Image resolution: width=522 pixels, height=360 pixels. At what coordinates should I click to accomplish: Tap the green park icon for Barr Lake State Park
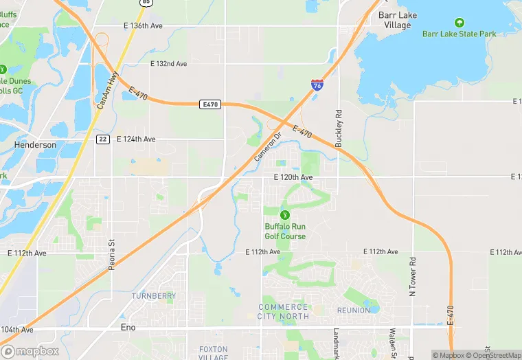459,22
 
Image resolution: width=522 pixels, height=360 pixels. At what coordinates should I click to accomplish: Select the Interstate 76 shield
317,85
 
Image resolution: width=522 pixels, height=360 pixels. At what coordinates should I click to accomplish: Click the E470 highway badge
210,104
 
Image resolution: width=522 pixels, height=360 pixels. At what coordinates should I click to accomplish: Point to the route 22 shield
102,139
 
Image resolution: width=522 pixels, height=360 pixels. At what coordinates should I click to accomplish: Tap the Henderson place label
35,146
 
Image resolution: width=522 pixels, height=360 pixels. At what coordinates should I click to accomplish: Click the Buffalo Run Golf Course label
285,232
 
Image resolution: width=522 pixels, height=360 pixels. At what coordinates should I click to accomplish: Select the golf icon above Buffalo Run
285,214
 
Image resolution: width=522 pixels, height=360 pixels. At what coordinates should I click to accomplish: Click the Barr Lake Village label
395,19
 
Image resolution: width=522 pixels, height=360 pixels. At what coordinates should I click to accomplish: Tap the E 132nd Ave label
168,64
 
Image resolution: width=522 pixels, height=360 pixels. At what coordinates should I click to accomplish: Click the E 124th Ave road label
136,139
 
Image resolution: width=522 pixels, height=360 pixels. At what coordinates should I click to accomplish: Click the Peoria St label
111,255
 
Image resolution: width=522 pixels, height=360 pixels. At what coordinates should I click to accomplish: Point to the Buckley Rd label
338,129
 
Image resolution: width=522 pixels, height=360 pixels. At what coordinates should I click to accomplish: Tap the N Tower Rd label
413,276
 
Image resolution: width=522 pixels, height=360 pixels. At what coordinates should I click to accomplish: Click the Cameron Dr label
269,147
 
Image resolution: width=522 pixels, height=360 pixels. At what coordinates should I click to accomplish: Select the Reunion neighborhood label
354,311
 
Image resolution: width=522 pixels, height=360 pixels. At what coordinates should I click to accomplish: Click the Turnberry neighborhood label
153,296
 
